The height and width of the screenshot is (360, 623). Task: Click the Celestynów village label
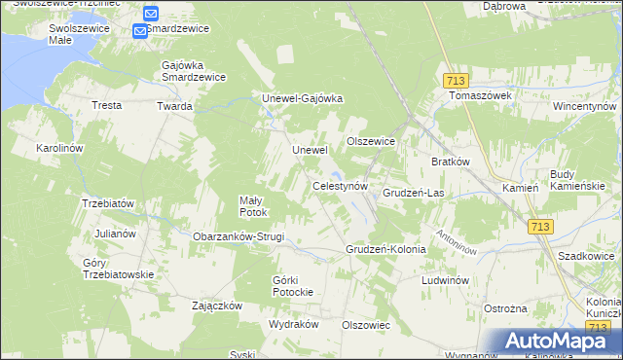tap(339, 185)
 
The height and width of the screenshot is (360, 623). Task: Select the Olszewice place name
tap(371, 141)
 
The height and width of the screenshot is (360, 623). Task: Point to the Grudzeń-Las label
tap(413, 193)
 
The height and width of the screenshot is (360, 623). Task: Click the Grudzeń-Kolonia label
tap(385, 249)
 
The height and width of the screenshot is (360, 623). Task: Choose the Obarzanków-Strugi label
tap(238, 236)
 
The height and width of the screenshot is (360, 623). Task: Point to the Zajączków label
tap(216, 305)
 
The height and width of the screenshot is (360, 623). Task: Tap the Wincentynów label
tap(585, 105)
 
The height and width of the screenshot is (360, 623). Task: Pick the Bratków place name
tap(451, 162)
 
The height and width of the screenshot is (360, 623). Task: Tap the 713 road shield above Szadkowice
tap(541, 227)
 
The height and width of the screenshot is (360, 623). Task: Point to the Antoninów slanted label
tap(456, 241)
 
